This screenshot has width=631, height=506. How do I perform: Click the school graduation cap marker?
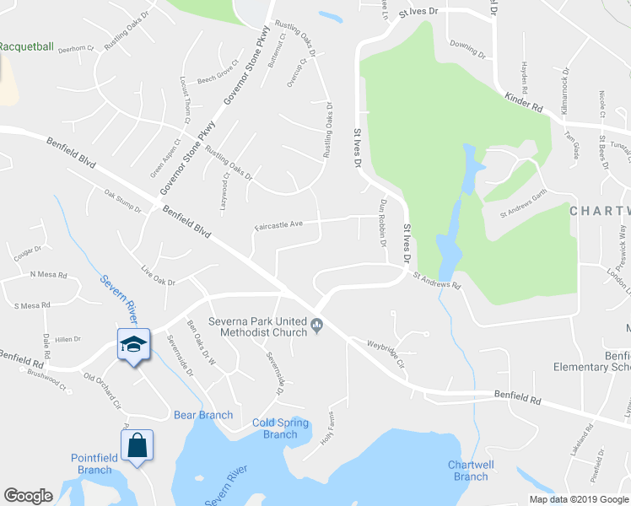click(133, 344)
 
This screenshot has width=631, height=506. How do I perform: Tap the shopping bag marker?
click(137, 444)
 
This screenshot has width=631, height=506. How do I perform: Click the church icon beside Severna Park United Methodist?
click(317, 324)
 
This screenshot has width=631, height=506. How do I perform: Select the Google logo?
click(28, 495)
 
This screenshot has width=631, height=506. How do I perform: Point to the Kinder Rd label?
click(524, 105)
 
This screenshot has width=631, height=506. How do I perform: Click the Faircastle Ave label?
click(278, 225)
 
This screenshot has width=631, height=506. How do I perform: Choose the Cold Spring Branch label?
click(280, 428)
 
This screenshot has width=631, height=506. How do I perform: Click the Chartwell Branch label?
click(470, 471)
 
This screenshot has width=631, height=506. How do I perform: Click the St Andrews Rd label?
click(438, 281)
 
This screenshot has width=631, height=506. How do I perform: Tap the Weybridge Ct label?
click(386, 352)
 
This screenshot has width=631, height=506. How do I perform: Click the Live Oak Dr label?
click(158, 276)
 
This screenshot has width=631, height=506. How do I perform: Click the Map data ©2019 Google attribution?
click(580, 499)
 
